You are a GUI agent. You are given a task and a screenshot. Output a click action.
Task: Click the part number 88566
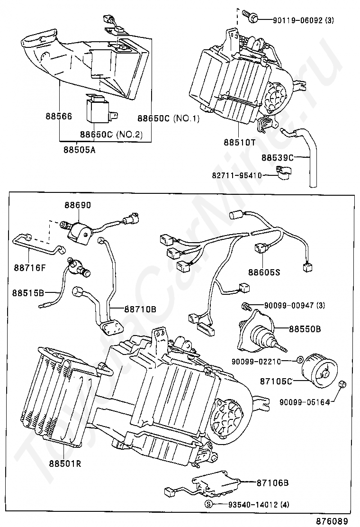[59, 116]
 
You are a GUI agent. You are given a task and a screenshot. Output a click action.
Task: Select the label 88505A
[79, 149]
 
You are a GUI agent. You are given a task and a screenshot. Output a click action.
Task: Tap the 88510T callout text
[239, 142]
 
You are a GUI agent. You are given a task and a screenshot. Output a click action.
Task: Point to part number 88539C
[278, 157]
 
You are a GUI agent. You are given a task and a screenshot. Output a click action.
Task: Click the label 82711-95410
[237, 175]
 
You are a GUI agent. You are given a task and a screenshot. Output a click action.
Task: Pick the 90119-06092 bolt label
[303, 20]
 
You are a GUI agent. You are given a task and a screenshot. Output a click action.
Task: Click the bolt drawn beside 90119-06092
[250, 15]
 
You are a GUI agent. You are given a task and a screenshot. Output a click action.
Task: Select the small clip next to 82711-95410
[284, 171]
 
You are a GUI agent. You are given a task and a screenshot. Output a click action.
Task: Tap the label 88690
[78, 205]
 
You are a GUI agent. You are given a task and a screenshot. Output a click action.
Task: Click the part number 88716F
[30, 268]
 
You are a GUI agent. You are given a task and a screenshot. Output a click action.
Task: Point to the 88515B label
[28, 293]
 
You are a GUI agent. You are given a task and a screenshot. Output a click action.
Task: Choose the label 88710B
[140, 309]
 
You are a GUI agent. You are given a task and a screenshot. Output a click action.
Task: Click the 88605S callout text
[264, 272]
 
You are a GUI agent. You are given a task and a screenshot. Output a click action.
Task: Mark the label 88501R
[65, 464]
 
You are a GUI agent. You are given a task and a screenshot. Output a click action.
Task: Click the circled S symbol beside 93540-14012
[208, 504]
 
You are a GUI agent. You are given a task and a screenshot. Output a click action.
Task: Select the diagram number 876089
[333, 521]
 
